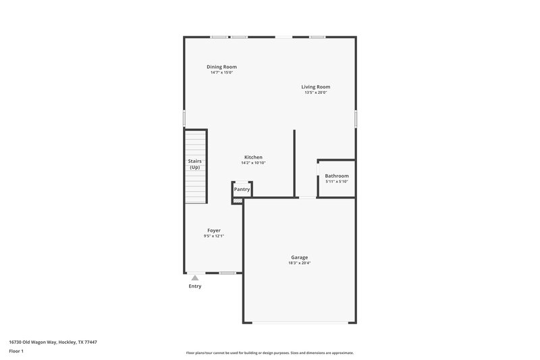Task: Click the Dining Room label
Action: pos(221,67)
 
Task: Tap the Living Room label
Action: pos(315,86)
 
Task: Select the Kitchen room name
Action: pos(253,157)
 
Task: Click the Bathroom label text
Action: pos(336,176)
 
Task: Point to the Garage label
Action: pos(299,257)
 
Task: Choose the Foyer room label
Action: pos(213,230)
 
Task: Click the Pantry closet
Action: pos(242,189)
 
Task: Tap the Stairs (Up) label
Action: pos(194,164)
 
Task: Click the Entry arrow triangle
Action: pos(194,277)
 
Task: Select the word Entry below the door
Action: pos(194,286)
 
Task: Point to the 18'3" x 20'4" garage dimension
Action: pos(299,263)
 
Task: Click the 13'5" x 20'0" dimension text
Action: pos(315,93)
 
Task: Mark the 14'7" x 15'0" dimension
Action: pos(221,73)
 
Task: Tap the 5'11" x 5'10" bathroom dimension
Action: pos(336,182)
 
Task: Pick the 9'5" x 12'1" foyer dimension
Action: pos(213,236)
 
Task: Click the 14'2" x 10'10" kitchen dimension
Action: pos(253,163)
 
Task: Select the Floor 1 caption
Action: pos(16,351)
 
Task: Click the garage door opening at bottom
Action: pos(299,322)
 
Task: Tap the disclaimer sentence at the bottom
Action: pos(269,353)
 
